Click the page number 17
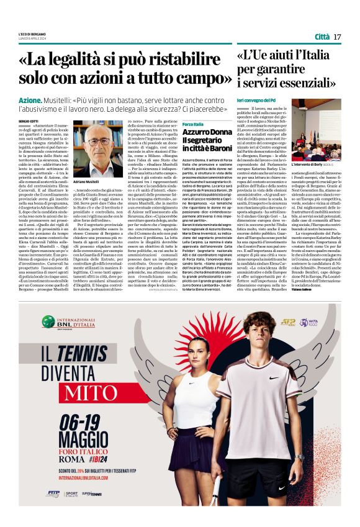click(x=337, y=37)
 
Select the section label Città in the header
click(x=322, y=37)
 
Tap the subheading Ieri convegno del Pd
click(x=257, y=100)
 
